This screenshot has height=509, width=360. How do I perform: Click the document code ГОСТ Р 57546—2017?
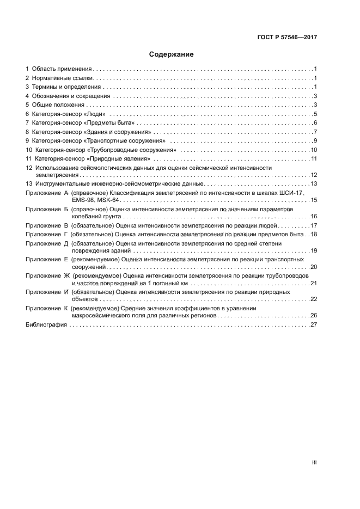(287, 38)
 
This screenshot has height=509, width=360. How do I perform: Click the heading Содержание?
(172, 54)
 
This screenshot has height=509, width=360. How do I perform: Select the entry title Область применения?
(62, 69)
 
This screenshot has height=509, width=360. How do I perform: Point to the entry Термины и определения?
(66, 87)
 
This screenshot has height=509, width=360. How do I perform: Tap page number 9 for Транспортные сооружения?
(315, 140)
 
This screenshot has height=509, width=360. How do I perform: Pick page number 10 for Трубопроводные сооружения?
(314, 150)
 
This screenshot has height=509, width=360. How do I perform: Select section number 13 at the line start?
(29, 184)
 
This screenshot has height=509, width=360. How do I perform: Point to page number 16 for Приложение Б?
(314, 217)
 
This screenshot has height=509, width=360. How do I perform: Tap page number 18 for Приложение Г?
(314, 234)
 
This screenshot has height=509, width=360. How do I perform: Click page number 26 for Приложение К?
(314, 316)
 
